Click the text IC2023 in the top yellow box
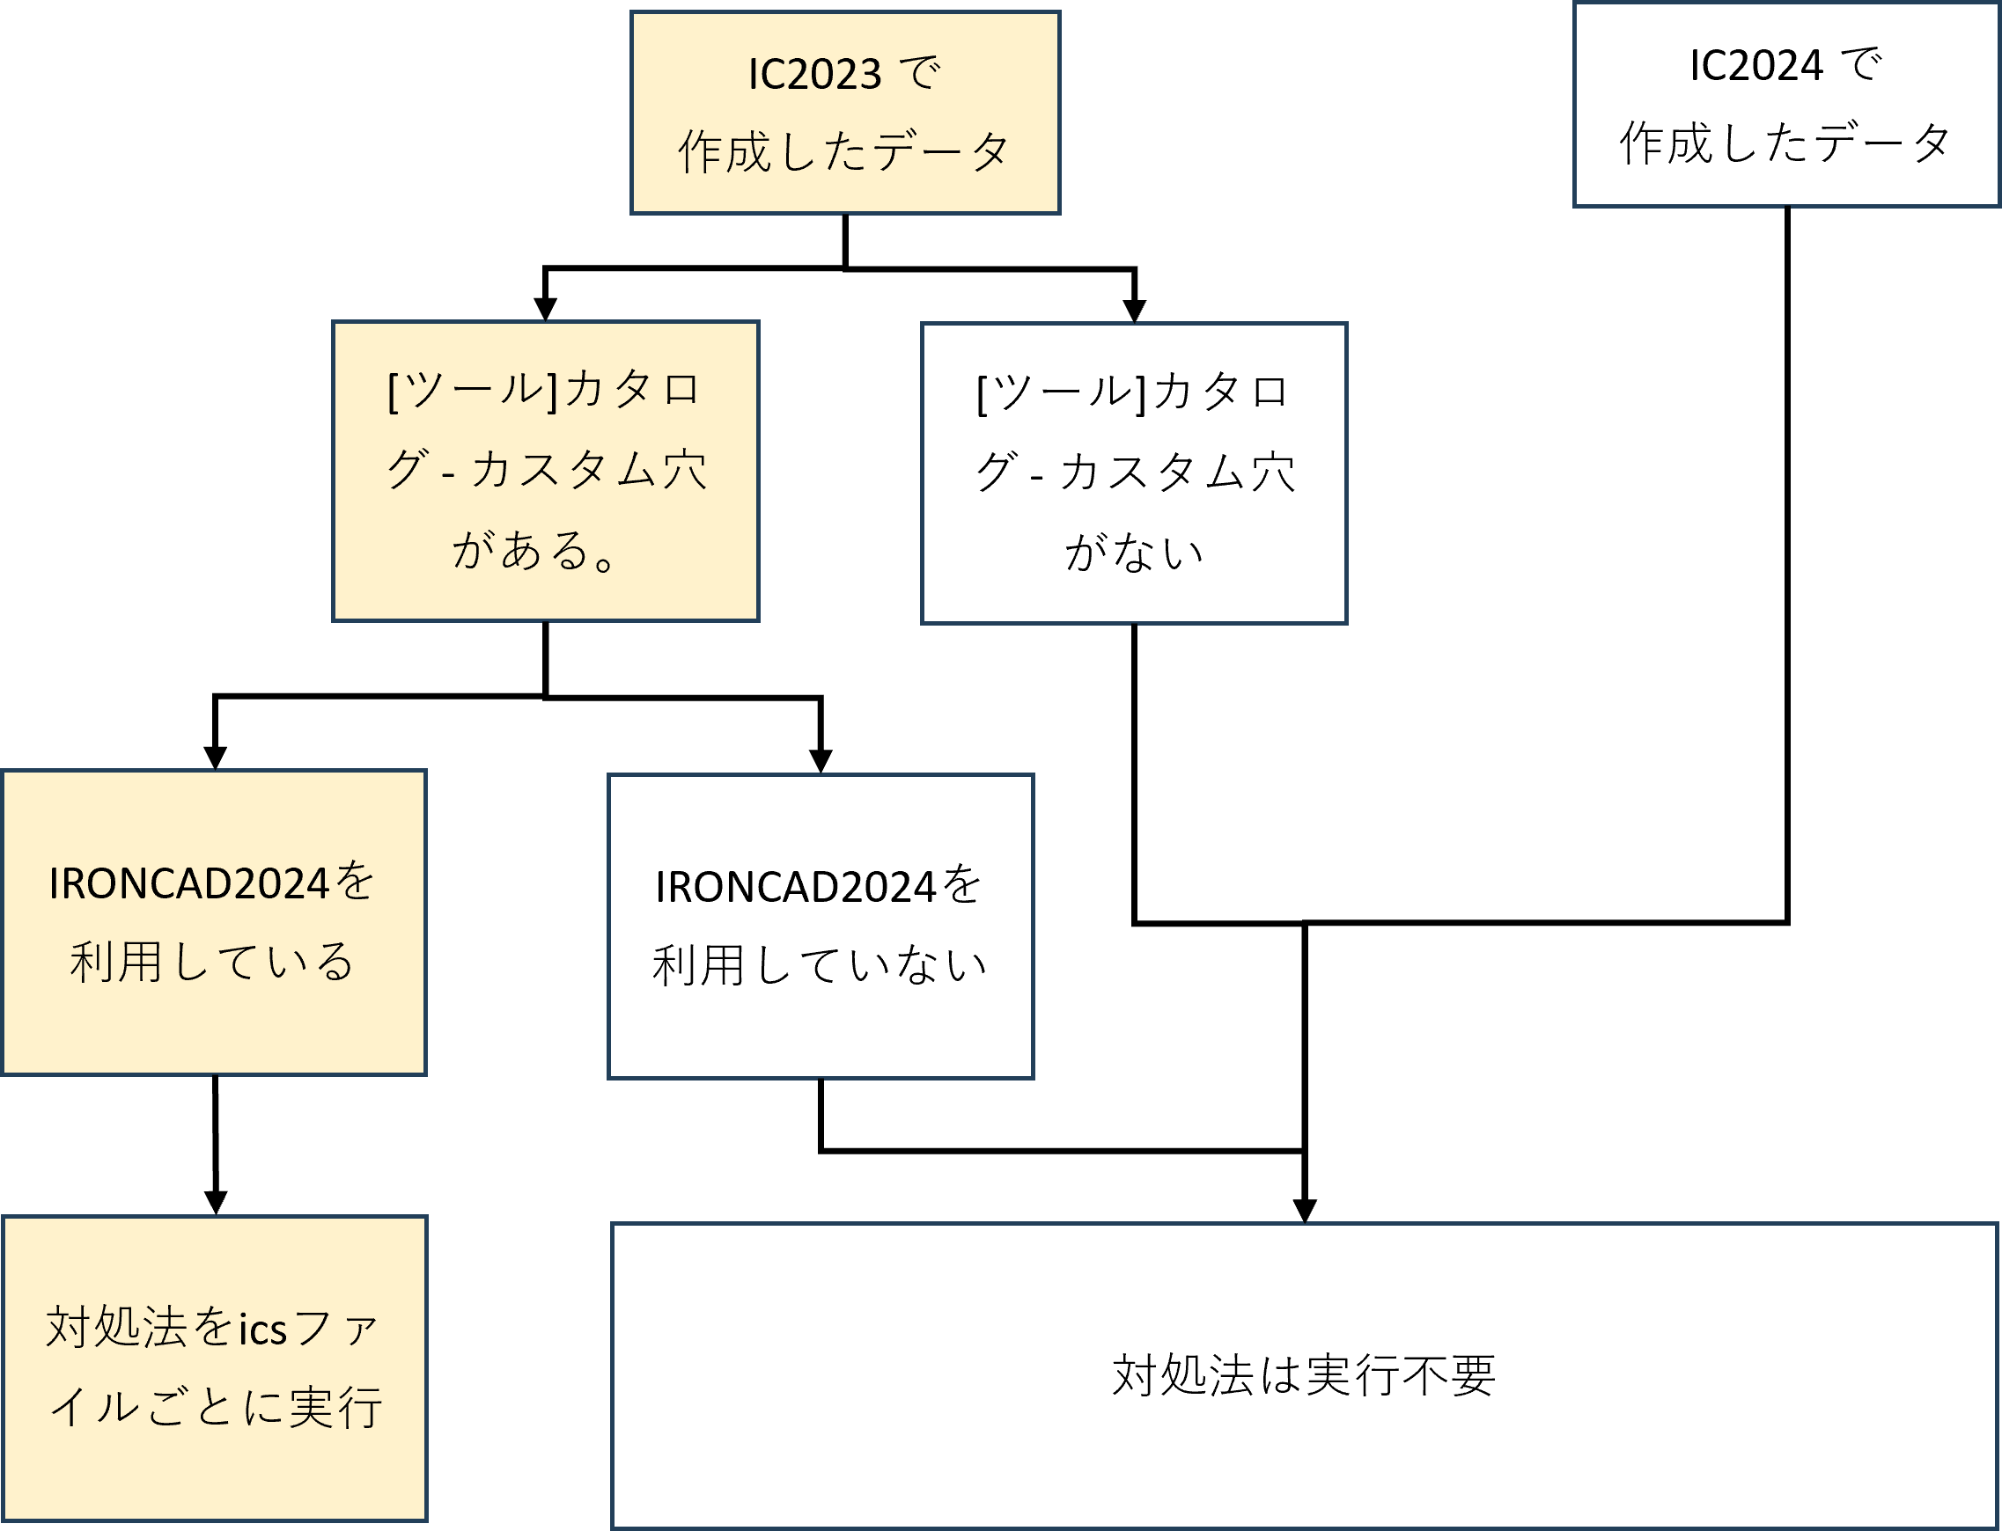(x=814, y=75)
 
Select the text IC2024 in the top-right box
(x=1755, y=67)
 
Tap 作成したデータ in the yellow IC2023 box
(x=844, y=152)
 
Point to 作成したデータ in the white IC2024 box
(x=1785, y=144)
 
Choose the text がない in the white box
(x=1134, y=553)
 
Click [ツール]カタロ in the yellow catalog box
(x=544, y=391)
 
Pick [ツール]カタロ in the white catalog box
(x=1133, y=392)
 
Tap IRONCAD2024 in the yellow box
(x=188, y=884)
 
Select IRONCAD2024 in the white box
(x=795, y=888)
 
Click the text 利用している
(x=212, y=963)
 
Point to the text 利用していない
(x=820, y=966)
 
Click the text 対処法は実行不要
(x=1304, y=1376)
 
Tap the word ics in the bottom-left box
(x=262, y=1330)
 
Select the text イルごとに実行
(x=215, y=1408)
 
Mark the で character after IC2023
(x=919, y=73)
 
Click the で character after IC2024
(x=1860, y=65)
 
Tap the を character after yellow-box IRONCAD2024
(x=354, y=883)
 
